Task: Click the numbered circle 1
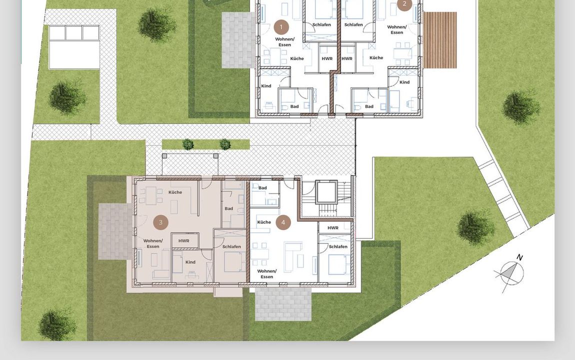point(281,27)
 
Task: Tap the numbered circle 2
point(404,4)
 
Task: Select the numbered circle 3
point(160,222)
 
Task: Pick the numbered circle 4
point(283,222)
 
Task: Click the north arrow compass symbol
point(510,272)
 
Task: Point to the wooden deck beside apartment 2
point(440,40)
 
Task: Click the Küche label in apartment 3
point(175,192)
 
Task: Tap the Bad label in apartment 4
point(262,187)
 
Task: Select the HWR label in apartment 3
point(183,241)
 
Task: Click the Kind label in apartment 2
point(404,82)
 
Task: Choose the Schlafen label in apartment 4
point(338,246)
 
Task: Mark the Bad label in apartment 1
point(294,106)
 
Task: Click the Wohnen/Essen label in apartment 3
point(153,243)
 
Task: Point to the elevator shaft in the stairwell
point(326,191)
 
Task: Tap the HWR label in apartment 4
point(333,227)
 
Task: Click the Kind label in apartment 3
point(190,262)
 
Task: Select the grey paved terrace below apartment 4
point(283,304)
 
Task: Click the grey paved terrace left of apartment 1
point(238,40)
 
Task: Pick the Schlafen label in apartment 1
point(321,24)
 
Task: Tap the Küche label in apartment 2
point(376,57)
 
